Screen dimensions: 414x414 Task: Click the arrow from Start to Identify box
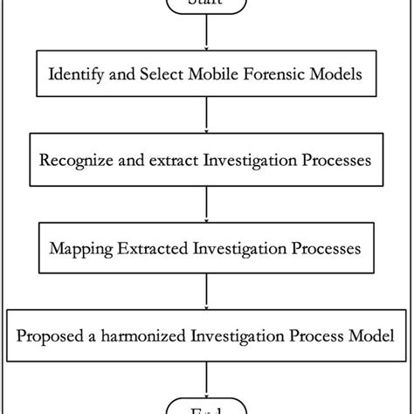[x=207, y=35]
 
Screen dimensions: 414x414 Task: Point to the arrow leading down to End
[x=207, y=380]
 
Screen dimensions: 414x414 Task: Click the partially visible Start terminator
[x=207, y=4]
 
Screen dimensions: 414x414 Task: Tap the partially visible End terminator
[x=207, y=408]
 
